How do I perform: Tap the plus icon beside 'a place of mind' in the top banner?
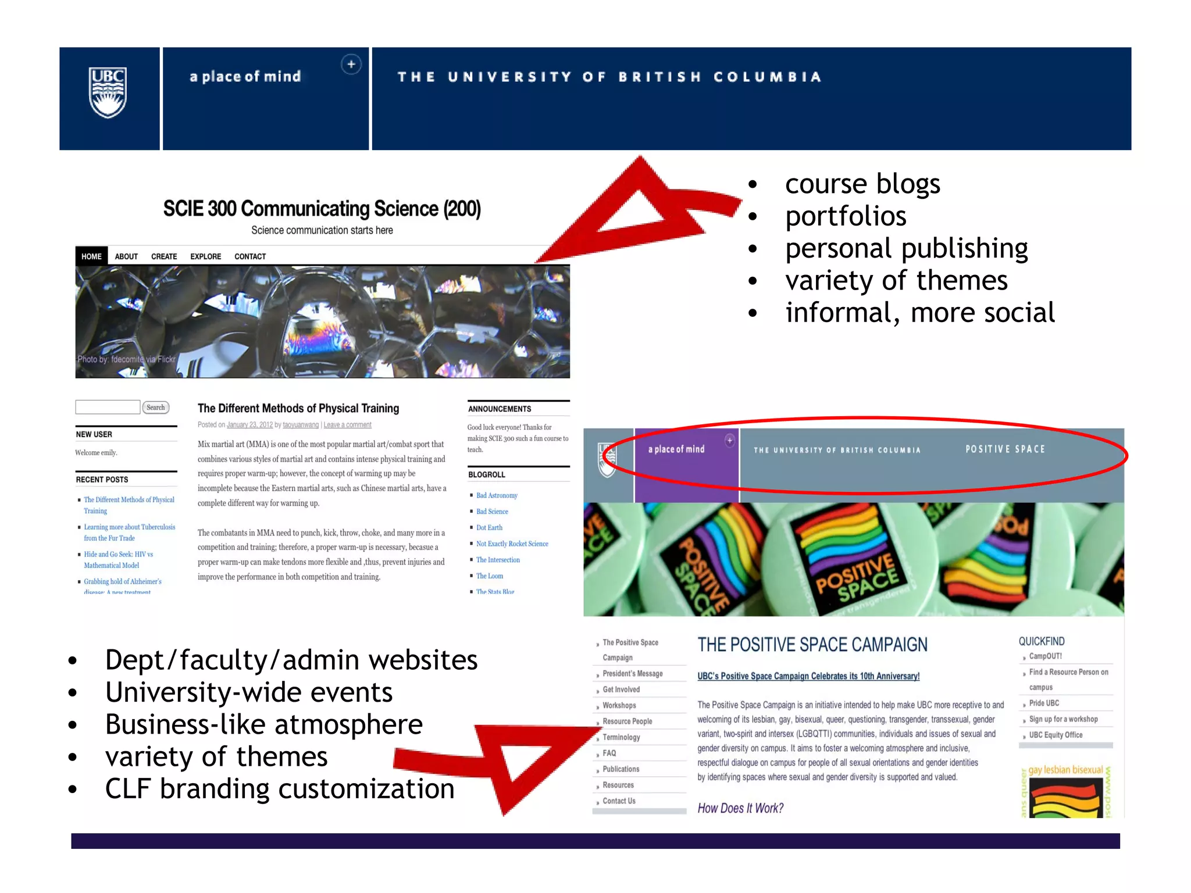tap(351, 65)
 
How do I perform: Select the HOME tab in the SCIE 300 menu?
tap(91, 256)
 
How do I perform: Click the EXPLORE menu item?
tap(205, 256)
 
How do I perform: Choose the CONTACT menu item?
tap(250, 256)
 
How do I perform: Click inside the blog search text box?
tap(108, 407)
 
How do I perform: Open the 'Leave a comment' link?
tap(347, 425)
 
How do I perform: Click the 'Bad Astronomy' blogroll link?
tap(497, 495)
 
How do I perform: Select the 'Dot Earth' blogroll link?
tap(489, 528)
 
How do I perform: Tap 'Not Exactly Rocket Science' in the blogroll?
tap(512, 544)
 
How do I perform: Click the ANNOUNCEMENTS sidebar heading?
tap(500, 409)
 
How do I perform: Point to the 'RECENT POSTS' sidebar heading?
tap(102, 480)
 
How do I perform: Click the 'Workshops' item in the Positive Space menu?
tap(619, 705)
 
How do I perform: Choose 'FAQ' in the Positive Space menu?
tap(609, 753)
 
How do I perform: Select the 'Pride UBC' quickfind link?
tap(1044, 703)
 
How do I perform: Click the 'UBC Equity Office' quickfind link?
tap(1056, 735)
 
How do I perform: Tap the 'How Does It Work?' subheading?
tap(740, 808)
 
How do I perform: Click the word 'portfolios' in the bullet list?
tap(846, 216)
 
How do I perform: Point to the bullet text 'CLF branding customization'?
tap(280, 789)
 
